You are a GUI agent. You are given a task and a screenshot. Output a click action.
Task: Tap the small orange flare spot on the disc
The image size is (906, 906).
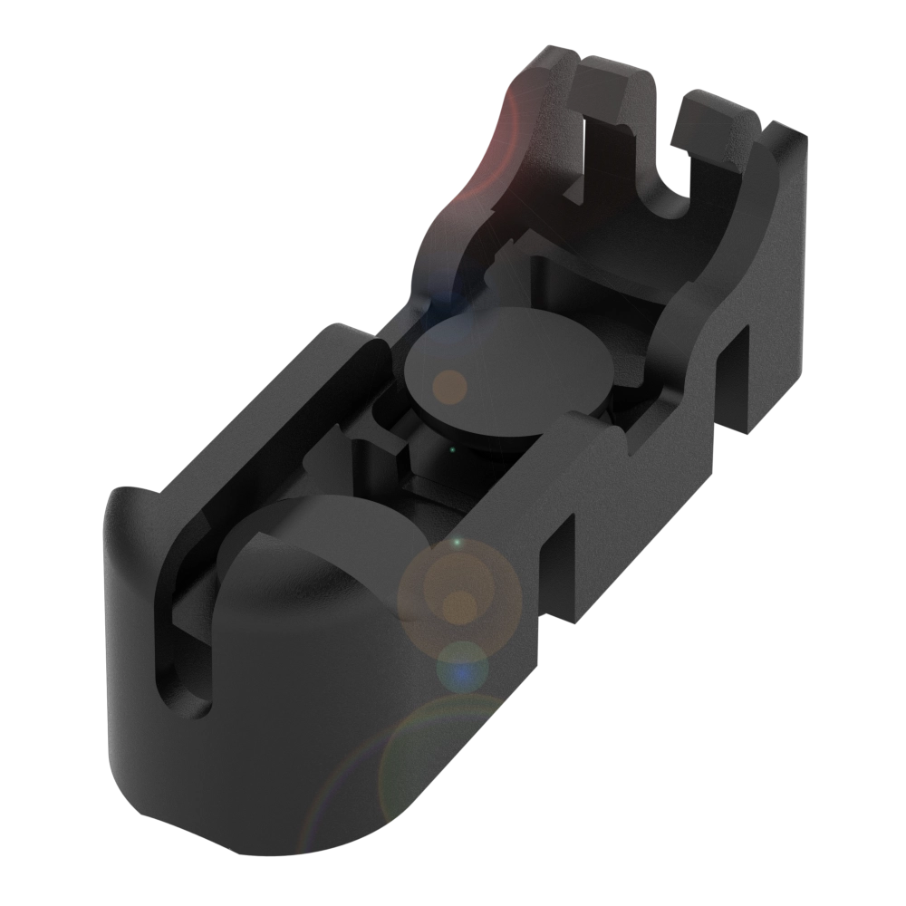(x=448, y=387)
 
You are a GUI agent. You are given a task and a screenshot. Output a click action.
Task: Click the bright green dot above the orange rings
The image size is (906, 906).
(x=457, y=543)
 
